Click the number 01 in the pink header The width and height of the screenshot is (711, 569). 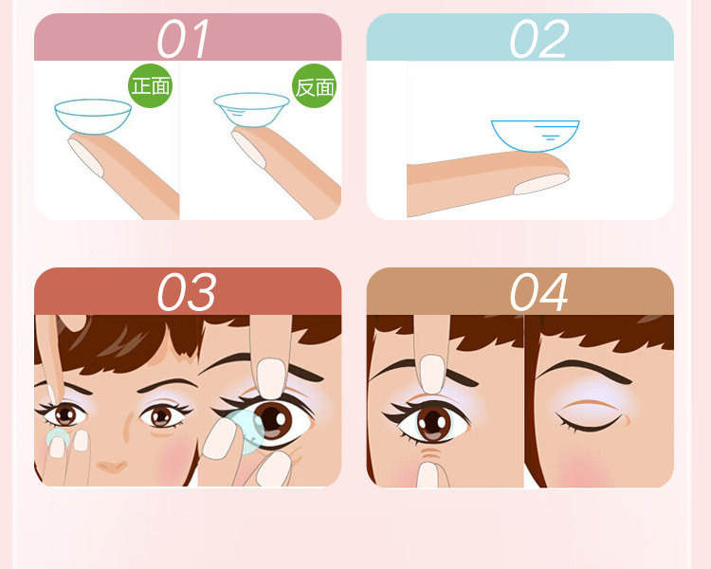click(x=183, y=39)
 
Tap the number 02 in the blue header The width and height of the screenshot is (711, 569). click(x=539, y=39)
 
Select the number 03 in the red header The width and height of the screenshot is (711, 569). click(x=187, y=292)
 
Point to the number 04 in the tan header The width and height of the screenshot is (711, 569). click(x=539, y=292)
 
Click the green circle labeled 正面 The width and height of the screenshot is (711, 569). click(x=151, y=85)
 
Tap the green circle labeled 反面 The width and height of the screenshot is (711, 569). click(x=315, y=85)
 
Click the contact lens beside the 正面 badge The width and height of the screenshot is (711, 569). click(x=93, y=116)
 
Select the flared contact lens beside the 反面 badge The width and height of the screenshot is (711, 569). click(x=251, y=110)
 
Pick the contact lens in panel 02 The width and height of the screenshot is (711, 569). click(x=535, y=136)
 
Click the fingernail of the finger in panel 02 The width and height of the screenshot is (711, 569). click(x=541, y=184)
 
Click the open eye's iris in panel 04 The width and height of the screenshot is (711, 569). click(x=434, y=424)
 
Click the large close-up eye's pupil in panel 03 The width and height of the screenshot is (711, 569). click(x=272, y=417)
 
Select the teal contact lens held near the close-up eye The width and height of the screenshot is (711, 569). click(x=243, y=431)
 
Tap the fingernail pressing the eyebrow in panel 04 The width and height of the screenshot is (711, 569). click(x=432, y=374)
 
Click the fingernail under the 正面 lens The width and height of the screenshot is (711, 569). click(x=86, y=157)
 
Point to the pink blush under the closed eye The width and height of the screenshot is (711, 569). click(x=585, y=469)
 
